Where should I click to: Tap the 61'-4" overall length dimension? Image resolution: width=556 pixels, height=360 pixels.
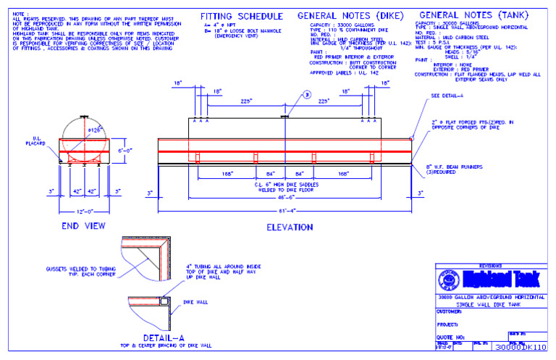tap(287, 210)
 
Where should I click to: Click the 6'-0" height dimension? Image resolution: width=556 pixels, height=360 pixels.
tap(125, 151)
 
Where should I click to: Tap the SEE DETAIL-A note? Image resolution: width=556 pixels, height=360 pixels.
tap(445, 95)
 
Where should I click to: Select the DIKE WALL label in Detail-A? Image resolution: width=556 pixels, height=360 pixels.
tap(193, 302)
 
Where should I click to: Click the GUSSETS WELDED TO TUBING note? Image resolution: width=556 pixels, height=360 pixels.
tap(74, 270)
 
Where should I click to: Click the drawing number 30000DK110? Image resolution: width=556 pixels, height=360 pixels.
tap(521, 348)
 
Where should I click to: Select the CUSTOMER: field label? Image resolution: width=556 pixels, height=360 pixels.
tap(450, 311)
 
